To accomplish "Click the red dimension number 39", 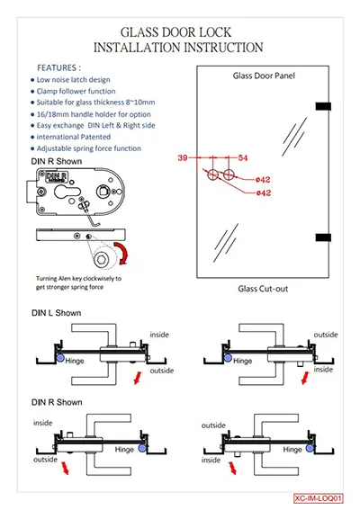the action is pos(183,157).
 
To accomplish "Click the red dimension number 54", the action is pos(243,157).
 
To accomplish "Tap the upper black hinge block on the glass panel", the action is pos(323,106).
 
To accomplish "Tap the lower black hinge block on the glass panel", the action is pos(323,237).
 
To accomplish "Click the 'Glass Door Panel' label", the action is pos(264,76).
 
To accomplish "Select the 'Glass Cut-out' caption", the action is pos(263,289).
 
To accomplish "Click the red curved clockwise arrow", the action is pos(123,253).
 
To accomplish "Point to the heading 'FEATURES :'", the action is pos(58,67).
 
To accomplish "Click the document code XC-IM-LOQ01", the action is pos(318,498).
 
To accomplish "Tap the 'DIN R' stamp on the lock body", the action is pos(57,177).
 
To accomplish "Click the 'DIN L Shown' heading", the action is pos(57,313).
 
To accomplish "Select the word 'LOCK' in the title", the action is pos(215,32).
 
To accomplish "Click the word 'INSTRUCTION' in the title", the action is pos(223,48).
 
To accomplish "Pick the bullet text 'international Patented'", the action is pos(74,137).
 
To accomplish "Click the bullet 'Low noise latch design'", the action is pos(73,80).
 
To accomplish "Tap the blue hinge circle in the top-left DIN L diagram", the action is pos(60,358).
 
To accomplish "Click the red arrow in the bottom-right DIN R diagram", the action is pos(232,468).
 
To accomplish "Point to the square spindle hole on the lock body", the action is pos(103,191).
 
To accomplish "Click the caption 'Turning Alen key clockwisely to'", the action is pos(78,279).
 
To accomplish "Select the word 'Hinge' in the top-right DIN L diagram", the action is pos(242,361).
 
